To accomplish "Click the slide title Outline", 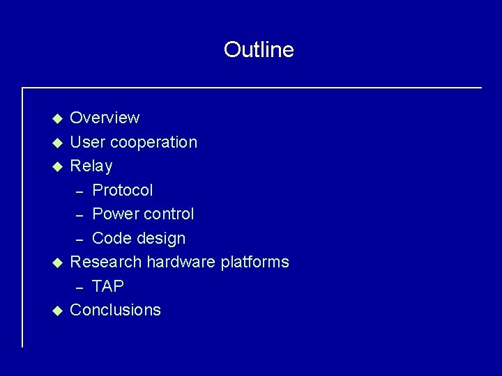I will point(259,49).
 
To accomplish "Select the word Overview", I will point(105,118).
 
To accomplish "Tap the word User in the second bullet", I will point(86,142).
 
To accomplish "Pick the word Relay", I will point(91,166).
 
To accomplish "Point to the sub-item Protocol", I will point(123,190).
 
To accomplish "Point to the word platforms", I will point(254,262).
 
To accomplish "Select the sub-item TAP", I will point(108,286).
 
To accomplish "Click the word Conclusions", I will point(116,310).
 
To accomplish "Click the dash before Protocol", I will point(79,191).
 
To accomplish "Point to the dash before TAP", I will point(79,287).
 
